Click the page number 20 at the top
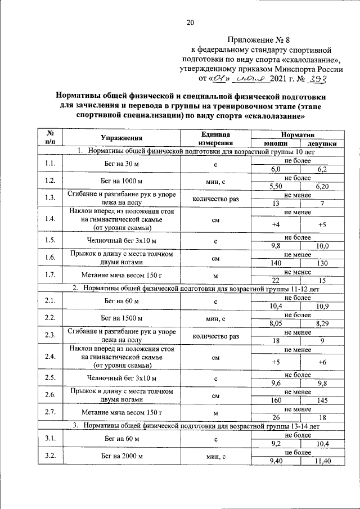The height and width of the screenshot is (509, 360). click(x=190, y=22)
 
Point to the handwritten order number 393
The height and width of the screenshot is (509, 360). click(x=317, y=79)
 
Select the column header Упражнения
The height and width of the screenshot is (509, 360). click(x=121, y=138)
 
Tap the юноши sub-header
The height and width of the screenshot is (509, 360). click(x=275, y=143)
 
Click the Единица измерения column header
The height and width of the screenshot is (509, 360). click(x=215, y=138)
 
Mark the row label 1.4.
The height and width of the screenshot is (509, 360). click(x=50, y=219)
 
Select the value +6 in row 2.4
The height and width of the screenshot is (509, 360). click(x=322, y=362)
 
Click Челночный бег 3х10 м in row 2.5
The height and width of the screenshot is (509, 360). click(x=121, y=378)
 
